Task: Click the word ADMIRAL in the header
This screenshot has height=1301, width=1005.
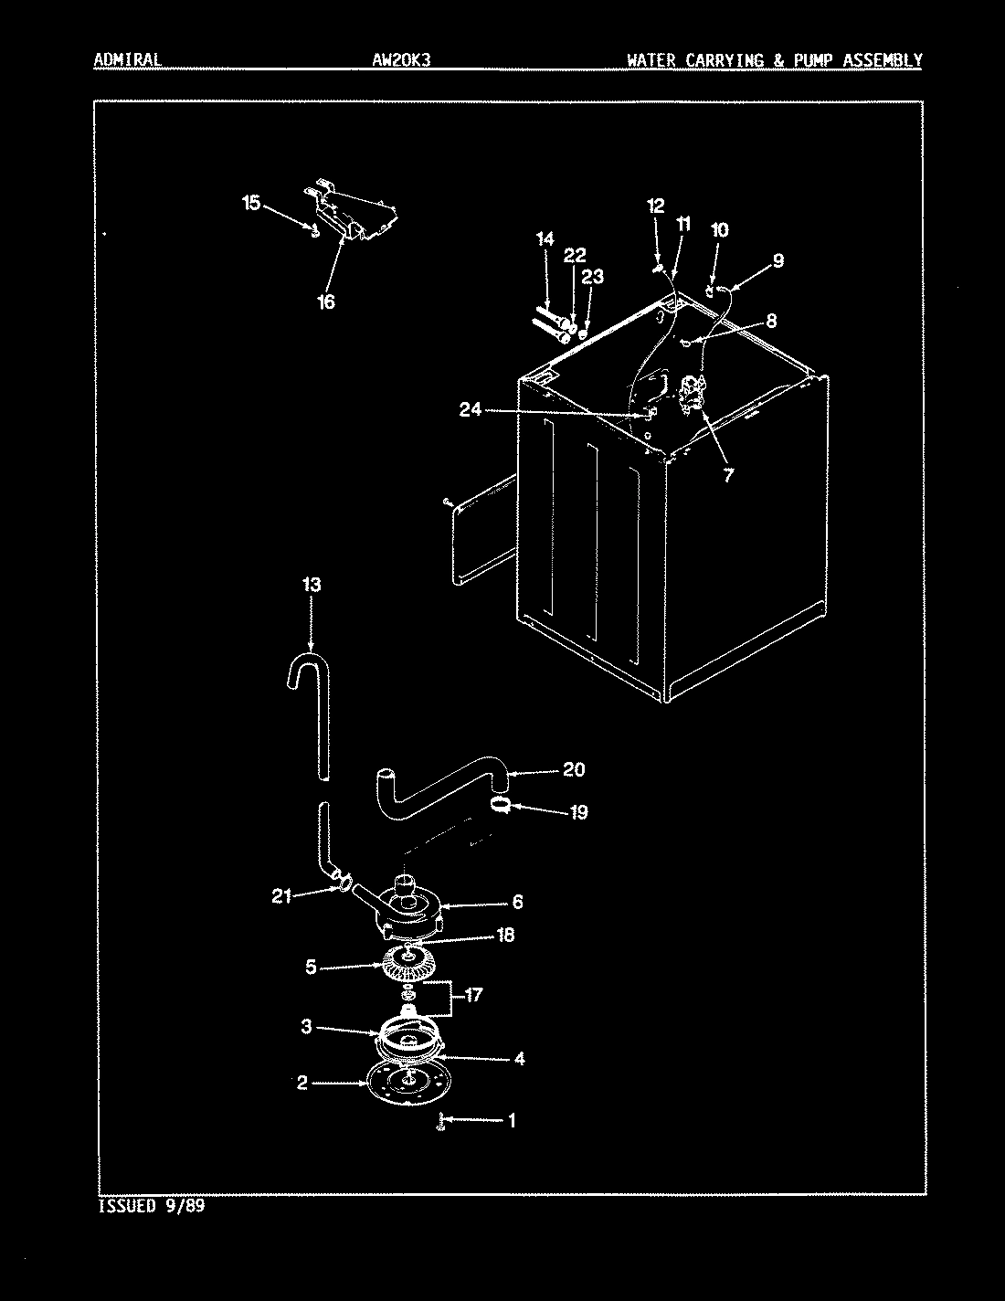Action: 127,60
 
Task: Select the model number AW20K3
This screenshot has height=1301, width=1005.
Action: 396,60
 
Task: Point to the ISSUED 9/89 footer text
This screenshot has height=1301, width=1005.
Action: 150,1206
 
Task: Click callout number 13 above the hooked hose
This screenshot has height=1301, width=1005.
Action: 312,585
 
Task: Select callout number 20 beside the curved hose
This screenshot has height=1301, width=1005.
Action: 573,769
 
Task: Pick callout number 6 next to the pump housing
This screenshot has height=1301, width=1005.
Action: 517,902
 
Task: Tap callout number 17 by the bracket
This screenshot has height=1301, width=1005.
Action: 473,995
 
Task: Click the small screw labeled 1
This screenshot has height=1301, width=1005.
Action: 440,1121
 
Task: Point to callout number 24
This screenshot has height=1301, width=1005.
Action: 471,410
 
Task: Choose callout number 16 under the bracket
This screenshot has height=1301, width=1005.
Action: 326,301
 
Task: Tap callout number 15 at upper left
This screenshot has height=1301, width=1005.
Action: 251,203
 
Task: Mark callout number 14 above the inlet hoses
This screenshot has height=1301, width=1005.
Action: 545,239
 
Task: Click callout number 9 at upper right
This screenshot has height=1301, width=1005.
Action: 777,260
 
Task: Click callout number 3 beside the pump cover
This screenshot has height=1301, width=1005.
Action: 307,1027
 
